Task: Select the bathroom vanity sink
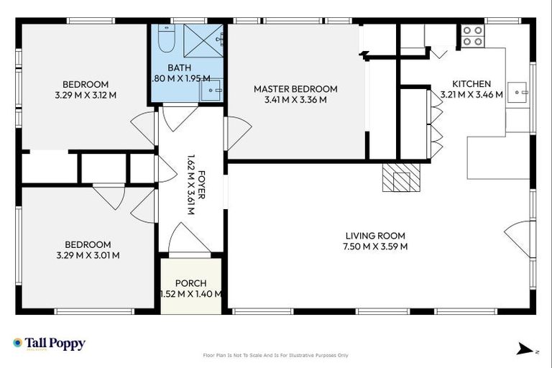pyautogui.click(x=211, y=89)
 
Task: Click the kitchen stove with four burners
pyautogui.click(x=471, y=36)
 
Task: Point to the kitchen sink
pyautogui.click(x=517, y=92)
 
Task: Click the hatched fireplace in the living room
pyautogui.click(x=400, y=178)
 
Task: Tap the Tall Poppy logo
pyautogui.click(x=49, y=344)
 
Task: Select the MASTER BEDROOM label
pyautogui.click(x=295, y=89)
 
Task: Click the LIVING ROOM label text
pyautogui.click(x=375, y=236)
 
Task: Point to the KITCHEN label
pyautogui.click(x=471, y=83)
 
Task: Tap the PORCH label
pyautogui.click(x=190, y=282)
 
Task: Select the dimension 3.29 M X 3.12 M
pyautogui.click(x=86, y=94)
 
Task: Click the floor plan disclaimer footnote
pyautogui.click(x=276, y=355)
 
